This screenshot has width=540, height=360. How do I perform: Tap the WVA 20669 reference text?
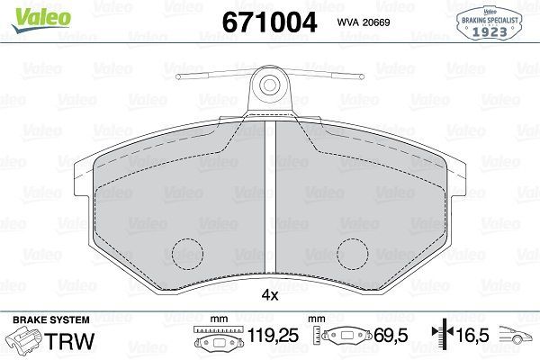click(x=365, y=22)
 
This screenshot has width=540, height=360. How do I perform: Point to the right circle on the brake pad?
click(x=352, y=253)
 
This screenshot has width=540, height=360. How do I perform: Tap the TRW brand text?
click(x=71, y=341)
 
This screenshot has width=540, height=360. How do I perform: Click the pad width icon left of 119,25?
click(x=214, y=341)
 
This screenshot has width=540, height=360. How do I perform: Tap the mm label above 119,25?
click(x=216, y=319)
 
